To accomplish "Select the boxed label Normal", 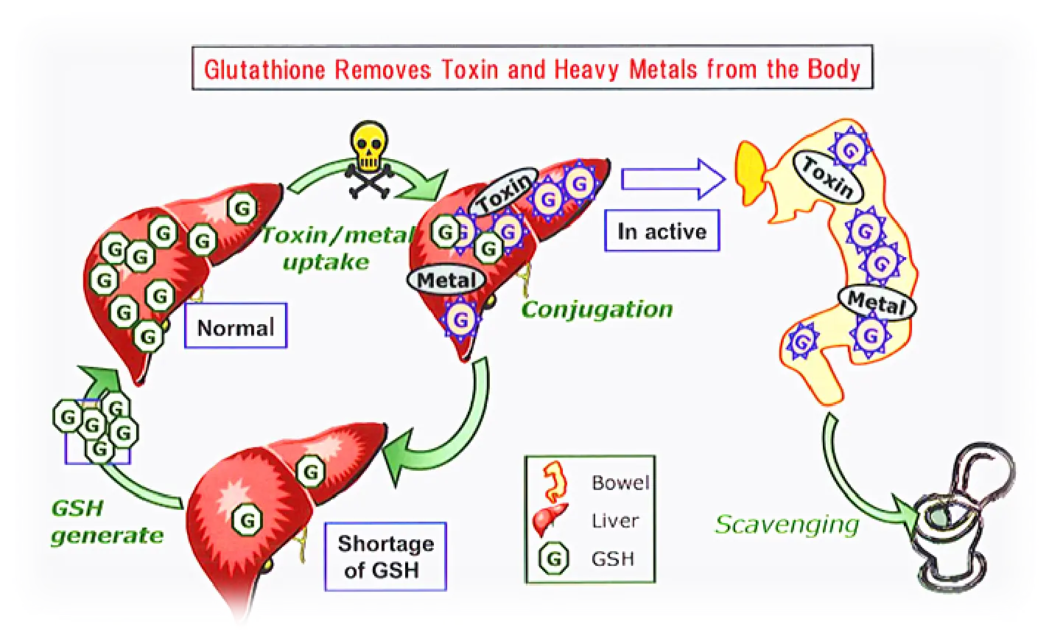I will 236,326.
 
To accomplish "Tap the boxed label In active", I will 662,231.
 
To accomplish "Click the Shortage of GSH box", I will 385,556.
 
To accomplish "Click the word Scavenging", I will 787,525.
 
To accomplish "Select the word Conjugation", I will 597,309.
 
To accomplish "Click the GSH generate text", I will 106,522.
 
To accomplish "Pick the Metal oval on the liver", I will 446,280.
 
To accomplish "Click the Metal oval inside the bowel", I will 876,301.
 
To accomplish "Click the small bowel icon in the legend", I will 554,482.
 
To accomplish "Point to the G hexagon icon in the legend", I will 553,559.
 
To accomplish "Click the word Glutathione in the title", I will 265,70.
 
